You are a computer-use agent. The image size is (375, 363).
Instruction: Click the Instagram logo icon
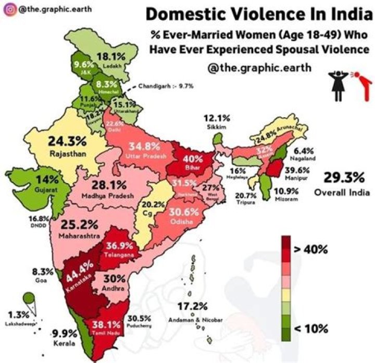tap(9, 9)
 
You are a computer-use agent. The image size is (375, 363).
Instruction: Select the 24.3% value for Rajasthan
tap(67, 141)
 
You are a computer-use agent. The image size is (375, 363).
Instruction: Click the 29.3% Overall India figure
tap(342, 178)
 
